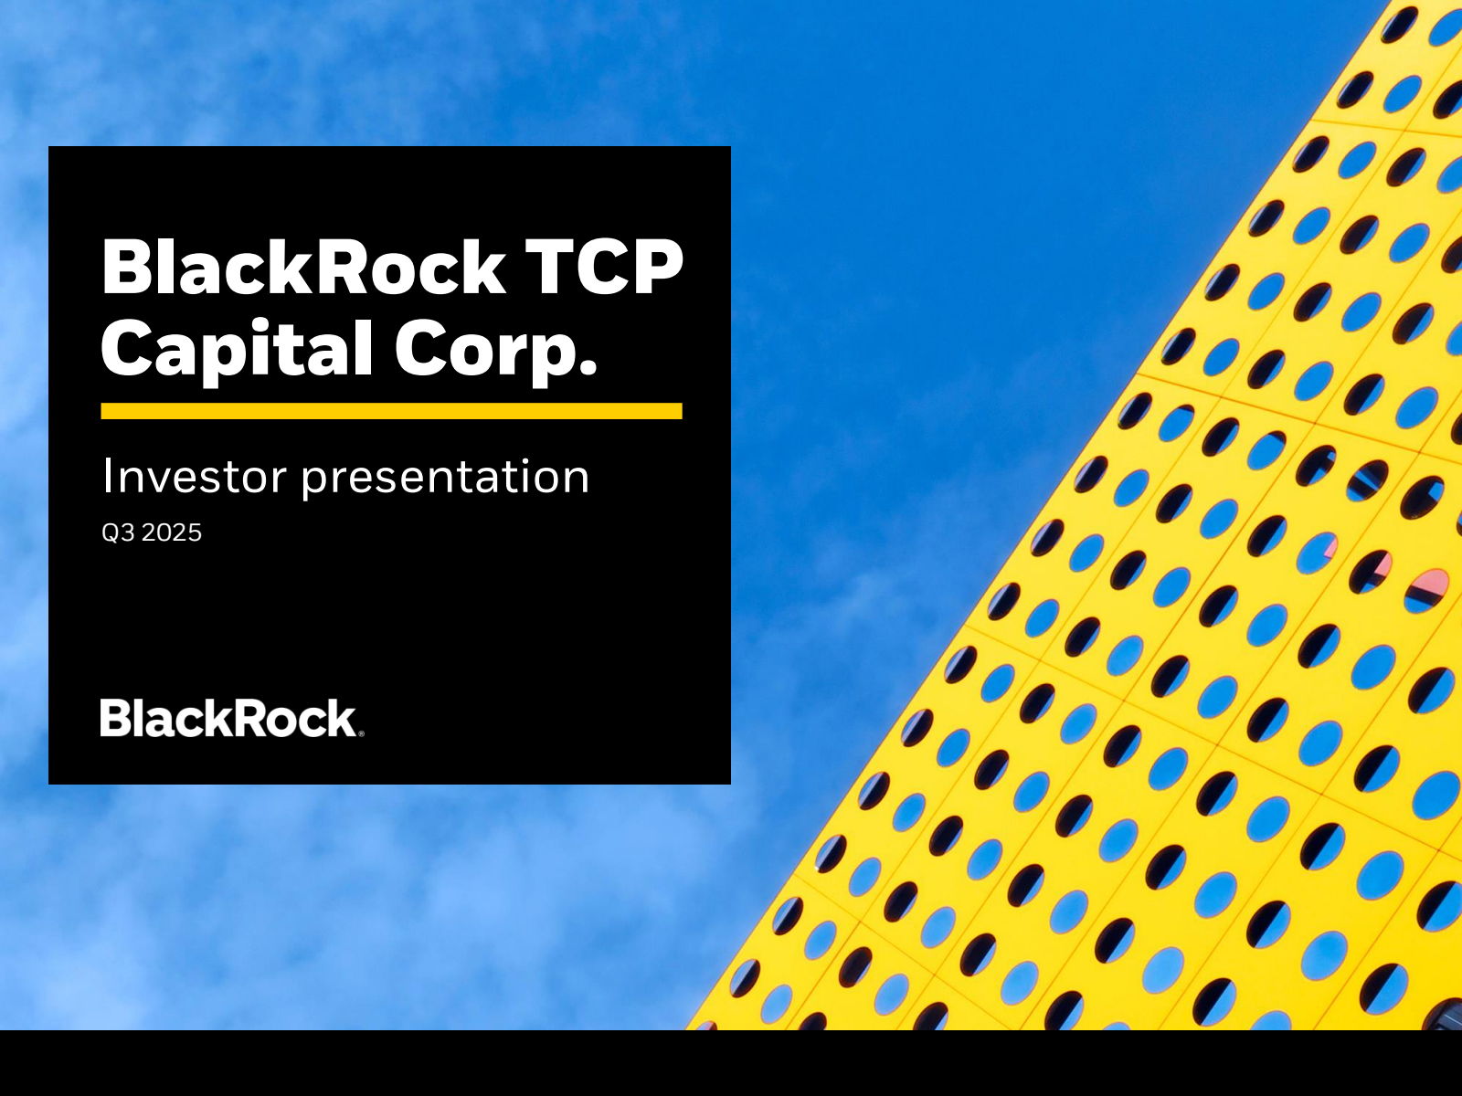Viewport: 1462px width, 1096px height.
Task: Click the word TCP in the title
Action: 603,267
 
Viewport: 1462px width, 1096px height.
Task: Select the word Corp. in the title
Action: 496,349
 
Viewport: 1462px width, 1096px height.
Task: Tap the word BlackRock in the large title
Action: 303,267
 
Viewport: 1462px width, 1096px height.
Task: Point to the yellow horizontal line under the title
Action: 391,411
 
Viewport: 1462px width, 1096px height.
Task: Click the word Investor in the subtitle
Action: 194,477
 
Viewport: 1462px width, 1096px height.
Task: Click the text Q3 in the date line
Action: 118,532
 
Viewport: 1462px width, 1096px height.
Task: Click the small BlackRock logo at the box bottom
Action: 228,719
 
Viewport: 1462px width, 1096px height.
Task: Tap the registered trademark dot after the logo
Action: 361,732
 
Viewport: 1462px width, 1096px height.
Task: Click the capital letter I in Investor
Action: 107,476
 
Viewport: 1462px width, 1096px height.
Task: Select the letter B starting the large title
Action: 126,267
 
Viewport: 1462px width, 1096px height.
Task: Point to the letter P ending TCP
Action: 655,267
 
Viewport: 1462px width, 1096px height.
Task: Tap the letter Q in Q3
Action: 111,532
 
